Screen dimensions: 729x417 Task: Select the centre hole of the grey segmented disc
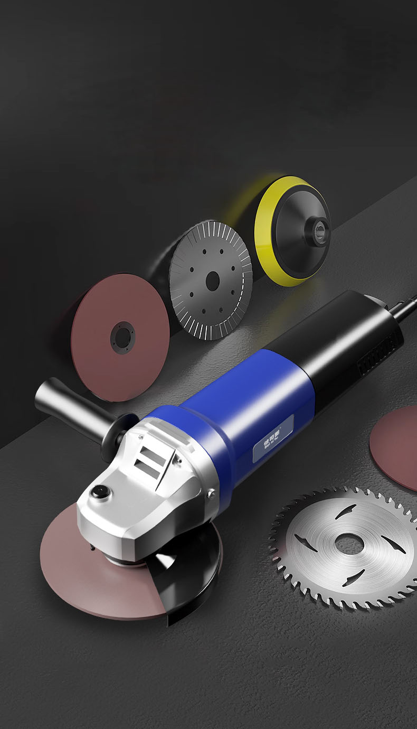click(x=212, y=280)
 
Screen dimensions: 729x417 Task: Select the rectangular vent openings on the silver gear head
click(x=149, y=460)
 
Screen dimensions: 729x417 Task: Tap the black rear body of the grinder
click(x=338, y=338)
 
